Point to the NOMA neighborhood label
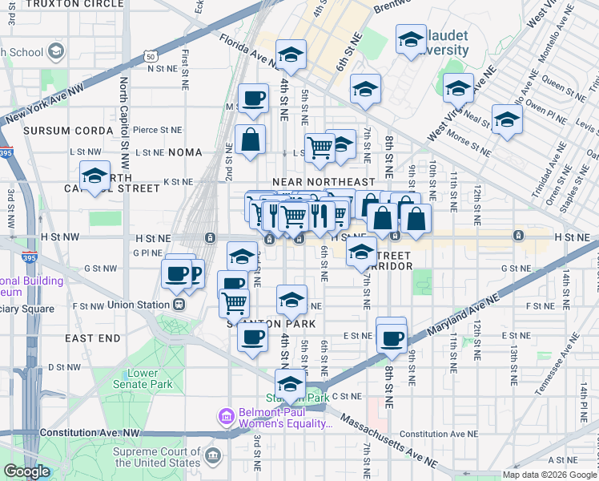coord(186,152)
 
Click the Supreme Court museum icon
coord(213,456)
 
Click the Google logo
coord(26,471)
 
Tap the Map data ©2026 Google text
coord(549,475)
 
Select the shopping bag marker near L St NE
coord(251,139)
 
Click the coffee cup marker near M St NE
coord(253,98)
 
